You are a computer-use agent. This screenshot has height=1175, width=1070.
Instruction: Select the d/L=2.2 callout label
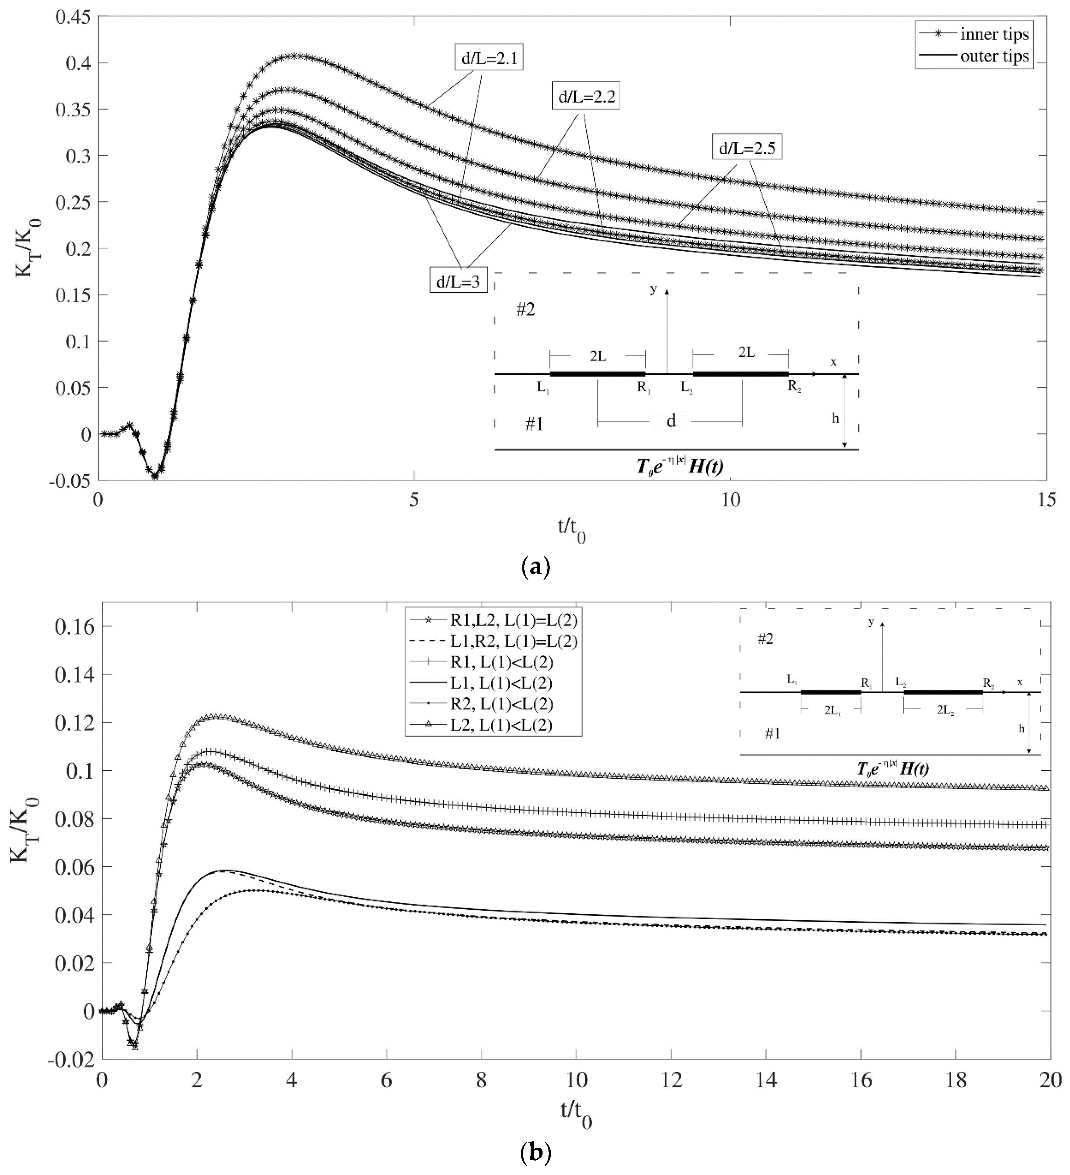[x=586, y=97]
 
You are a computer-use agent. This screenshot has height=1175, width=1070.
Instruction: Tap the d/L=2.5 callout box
[x=746, y=148]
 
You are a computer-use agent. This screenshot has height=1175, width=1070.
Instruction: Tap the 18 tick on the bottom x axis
[x=956, y=1080]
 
